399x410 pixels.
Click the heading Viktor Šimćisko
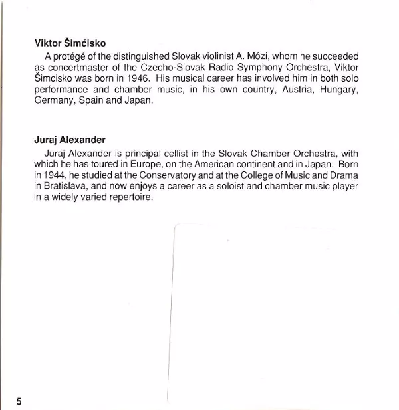(x=70, y=43)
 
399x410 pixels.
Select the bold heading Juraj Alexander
(x=70, y=140)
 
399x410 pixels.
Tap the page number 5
(x=19, y=401)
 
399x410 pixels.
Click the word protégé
(x=70, y=56)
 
